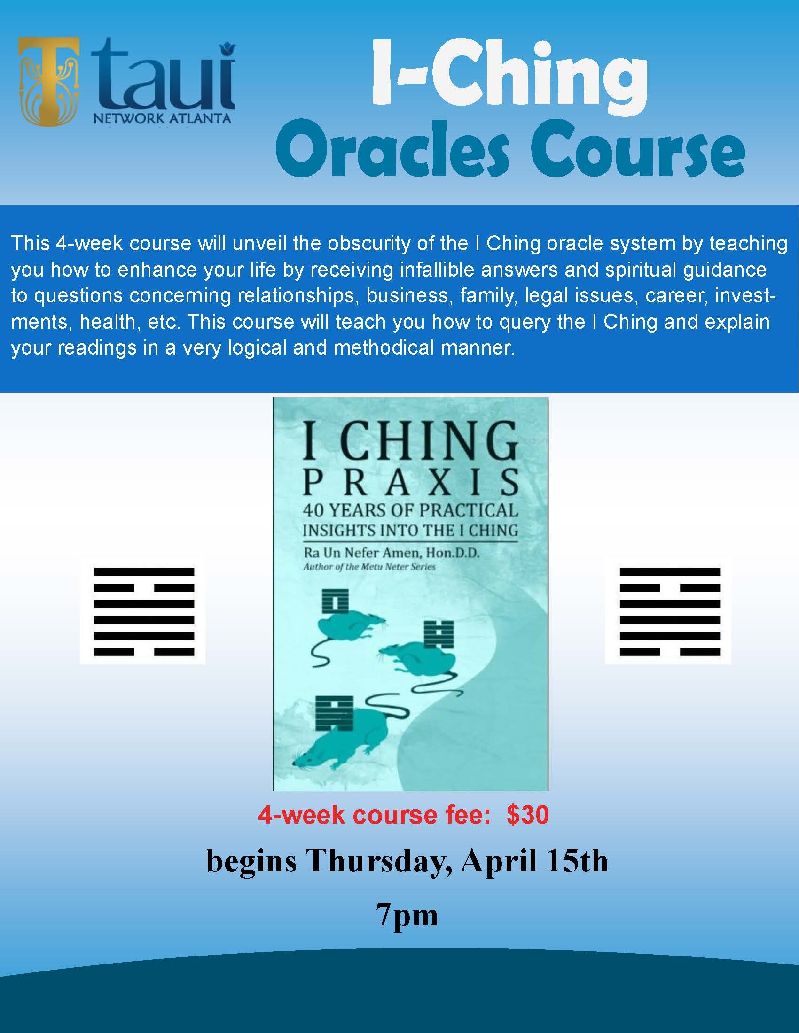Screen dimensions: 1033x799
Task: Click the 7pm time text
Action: (407, 915)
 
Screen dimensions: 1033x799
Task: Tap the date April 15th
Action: (534, 861)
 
